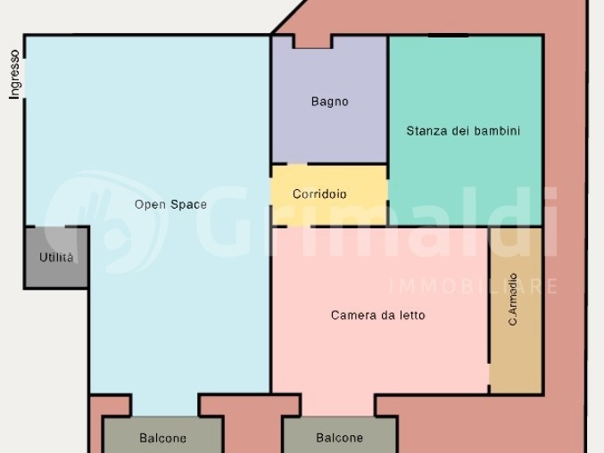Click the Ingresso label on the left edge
click(14, 74)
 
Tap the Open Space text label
click(170, 204)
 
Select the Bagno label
click(329, 102)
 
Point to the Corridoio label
click(319, 194)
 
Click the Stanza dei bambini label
click(463, 131)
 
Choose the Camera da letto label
click(377, 315)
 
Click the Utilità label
click(56, 258)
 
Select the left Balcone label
click(162, 438)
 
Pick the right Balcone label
click(339, 438)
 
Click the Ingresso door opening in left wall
click(24, 73)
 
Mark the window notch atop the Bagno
click(312, 41)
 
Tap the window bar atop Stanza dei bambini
click(448, 36)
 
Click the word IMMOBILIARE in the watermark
click(473, 286)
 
